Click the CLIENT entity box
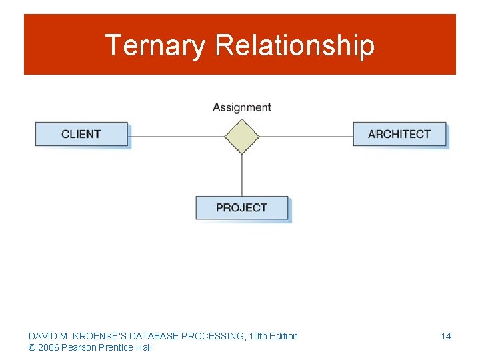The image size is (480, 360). tap(81, 134)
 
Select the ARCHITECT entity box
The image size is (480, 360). tap(399, 134)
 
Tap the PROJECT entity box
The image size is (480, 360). tap(241, 208)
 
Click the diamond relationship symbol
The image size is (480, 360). tap(241, 137)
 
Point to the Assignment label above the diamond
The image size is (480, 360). tap(241, 107)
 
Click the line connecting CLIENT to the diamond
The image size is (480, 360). tap(176, 137)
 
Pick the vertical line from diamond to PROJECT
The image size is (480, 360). tap(241, 175)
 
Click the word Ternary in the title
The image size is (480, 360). tap(157, 45)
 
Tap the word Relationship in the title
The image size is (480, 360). tap(295, 45)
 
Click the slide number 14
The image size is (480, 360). tap(445, 336)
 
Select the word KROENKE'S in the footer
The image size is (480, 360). tap(93, 336)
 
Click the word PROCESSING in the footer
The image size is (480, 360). tap(207, 336)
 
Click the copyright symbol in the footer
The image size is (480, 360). tap(32, 347)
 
